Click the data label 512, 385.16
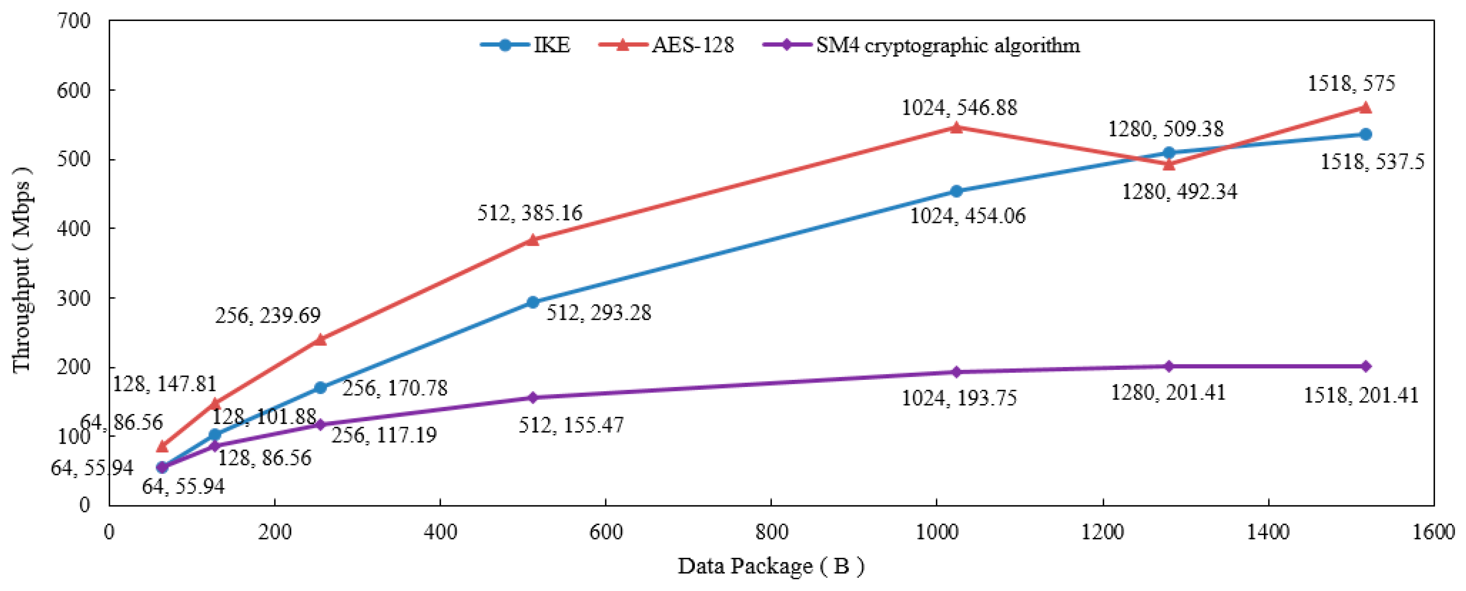coord(529,213)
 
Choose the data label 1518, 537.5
coord(1371,162)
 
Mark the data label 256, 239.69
coord(268,315)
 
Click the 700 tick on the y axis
coord(74,21)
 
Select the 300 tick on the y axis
coord(74,298)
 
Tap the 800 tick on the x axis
coord(771,532)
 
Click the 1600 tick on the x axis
coord(1433,532)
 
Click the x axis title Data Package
coord(771,566)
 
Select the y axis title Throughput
coord(21,270)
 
